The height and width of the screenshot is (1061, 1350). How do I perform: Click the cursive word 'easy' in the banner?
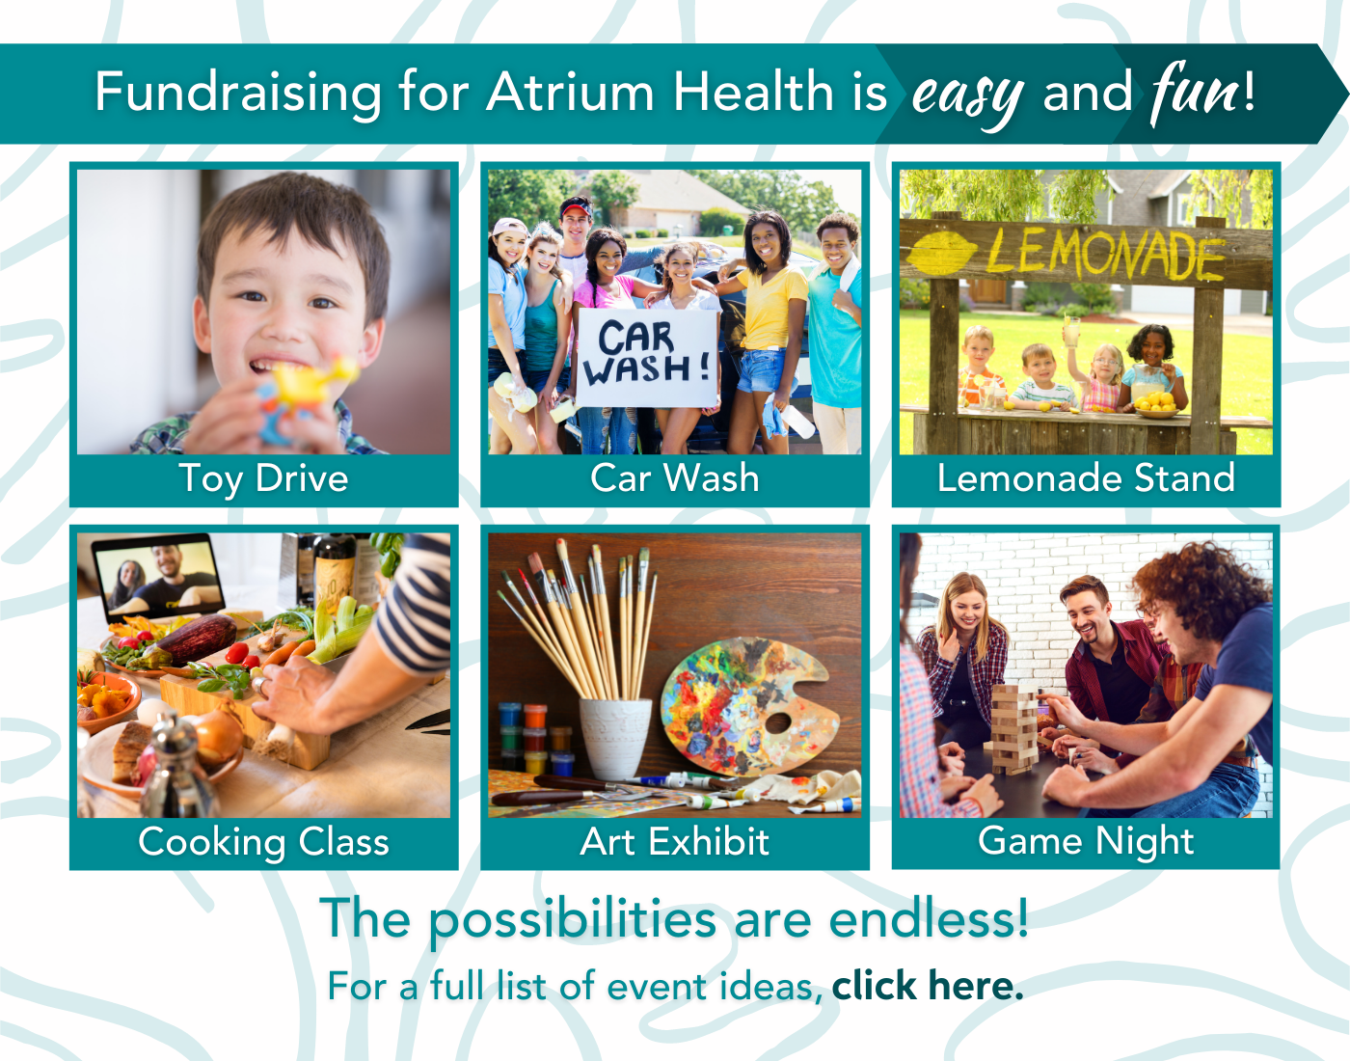[x=967, y=96]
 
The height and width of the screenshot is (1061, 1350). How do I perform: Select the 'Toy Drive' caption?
[x=263, y=478]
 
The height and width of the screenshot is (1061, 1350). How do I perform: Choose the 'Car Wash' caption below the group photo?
[x=674, y=478]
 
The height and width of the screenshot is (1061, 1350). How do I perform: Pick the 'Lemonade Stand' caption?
[x=1086, y=478]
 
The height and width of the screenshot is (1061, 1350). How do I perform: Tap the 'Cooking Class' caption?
[x=263, y=842]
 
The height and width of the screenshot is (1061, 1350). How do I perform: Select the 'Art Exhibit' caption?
[x=674, y=842]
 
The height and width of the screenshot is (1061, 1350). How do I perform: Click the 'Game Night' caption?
[x=1086, y=841]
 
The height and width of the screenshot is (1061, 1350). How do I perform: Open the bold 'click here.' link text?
[x=927, y=986]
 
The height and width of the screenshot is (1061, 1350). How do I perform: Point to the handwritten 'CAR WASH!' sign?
[x=647, y=355]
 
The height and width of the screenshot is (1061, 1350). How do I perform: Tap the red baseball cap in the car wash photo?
[x=577, y=205]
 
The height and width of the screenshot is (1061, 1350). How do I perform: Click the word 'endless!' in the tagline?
[x=929, y=918]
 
